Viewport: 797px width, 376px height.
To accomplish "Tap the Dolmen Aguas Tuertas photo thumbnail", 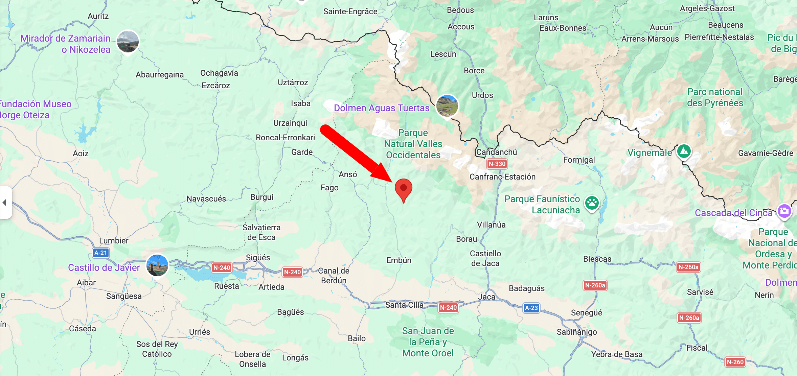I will point(447,105).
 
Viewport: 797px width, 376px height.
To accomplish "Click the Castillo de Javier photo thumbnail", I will point(157,265).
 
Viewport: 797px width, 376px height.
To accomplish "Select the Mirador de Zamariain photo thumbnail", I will point(128,42).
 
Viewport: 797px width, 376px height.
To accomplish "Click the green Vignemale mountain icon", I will point(684,151).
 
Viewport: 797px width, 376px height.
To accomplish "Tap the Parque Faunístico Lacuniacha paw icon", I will point(592,203).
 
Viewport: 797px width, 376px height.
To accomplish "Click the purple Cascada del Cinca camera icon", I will point(784,211).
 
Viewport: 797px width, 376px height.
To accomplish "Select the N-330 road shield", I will point(497,164).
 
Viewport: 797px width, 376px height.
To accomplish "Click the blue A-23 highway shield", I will point(531,308).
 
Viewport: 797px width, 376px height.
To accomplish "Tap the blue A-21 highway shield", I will point(101,253).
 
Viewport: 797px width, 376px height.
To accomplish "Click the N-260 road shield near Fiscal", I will point(735,362).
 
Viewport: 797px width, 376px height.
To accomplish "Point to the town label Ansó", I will point(348,174).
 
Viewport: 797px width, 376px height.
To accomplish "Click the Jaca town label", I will point(487,297).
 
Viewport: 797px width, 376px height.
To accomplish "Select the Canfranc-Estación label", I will point(502,177).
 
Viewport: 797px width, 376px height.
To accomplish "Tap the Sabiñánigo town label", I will point(577,332).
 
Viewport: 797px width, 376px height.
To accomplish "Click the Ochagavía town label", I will point(219,73).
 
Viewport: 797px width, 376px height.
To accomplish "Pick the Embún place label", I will point(399,260).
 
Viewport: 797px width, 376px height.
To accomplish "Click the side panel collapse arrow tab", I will point(5,203).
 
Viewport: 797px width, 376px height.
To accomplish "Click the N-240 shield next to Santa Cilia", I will point(448,308).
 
